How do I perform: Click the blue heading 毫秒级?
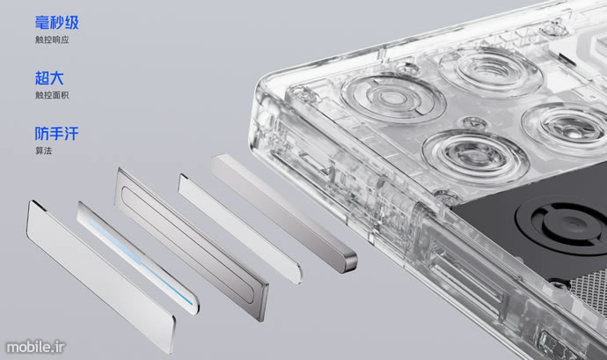pos(56,23)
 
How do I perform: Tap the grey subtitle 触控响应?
pos(52,40)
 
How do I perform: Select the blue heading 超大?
pos(49,77)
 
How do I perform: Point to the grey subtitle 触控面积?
pos(52,95)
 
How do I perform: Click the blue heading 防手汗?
pos(56,134)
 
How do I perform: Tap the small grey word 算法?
pos(43,151)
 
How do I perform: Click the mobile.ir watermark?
pos(35,347)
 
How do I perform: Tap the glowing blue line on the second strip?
pos(139,261)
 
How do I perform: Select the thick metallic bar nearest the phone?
pos(283,212)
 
